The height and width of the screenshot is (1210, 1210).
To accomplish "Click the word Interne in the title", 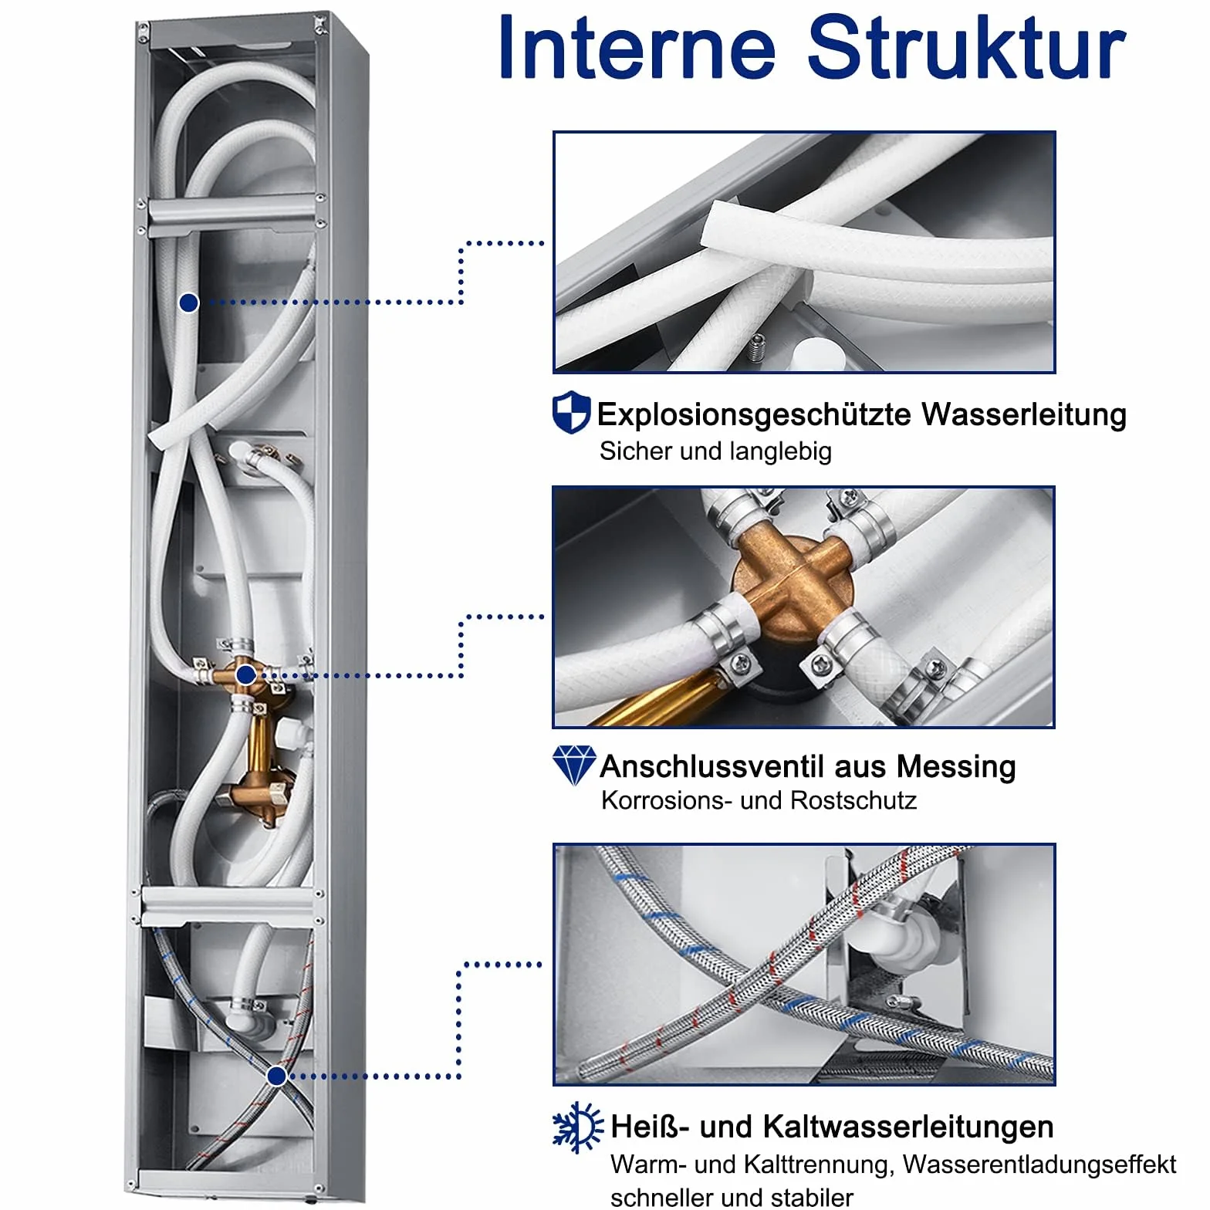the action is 637,47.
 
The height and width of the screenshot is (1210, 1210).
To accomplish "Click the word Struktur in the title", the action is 967,47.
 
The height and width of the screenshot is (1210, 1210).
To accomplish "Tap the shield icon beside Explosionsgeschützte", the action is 571,413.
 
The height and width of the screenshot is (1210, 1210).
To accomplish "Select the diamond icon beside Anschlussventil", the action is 574,766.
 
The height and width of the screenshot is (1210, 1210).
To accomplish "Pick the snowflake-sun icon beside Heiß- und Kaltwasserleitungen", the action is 577,1127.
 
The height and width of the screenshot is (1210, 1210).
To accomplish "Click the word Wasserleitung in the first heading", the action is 1024,414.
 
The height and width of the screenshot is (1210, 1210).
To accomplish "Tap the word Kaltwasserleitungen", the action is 907,1127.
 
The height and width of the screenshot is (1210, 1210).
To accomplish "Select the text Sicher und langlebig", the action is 715,451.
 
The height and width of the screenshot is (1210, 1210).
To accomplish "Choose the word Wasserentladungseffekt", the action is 1039,1164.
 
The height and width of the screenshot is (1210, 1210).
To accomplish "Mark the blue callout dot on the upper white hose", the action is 188,303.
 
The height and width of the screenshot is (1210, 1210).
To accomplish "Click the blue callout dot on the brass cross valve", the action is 245,675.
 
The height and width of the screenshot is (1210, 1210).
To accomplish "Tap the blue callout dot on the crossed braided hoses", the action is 276,1076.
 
